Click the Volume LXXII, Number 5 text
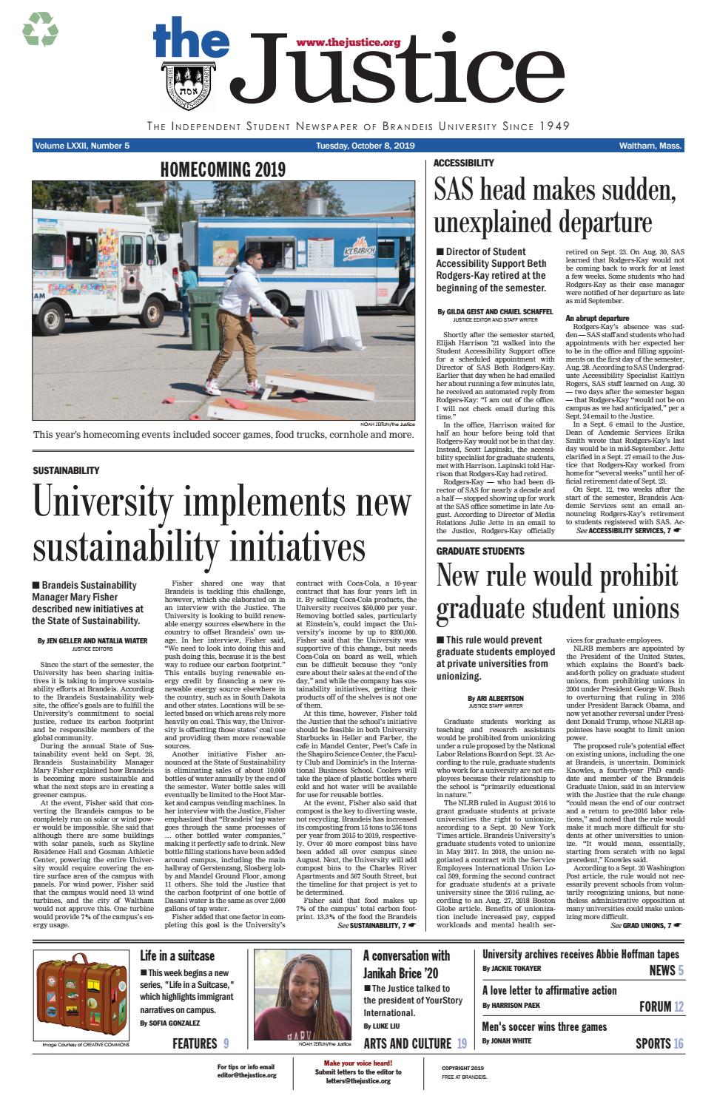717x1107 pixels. click(81, 146)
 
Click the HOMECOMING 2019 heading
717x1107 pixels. click(223, 170)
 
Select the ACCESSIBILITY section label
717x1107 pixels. click(463, 163)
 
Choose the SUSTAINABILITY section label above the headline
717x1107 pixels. click(66, 470)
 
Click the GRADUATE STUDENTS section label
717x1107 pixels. click(479, 551)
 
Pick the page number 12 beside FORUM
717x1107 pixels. click(679, 1006)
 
